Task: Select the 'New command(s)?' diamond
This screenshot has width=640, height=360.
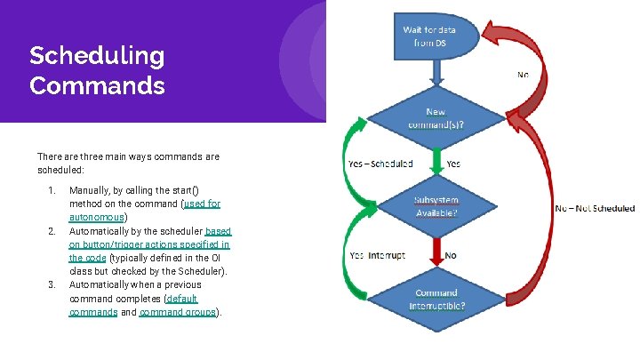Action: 436,119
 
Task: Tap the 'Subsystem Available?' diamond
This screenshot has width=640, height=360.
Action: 436,207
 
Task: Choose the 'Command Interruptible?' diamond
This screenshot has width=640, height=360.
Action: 436,299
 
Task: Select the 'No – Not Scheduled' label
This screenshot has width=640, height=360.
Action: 595,208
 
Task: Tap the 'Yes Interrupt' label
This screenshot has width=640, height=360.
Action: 377,255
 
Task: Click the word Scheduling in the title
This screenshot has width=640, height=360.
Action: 97,56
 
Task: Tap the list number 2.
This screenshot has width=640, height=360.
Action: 52,231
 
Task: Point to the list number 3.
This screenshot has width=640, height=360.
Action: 52,284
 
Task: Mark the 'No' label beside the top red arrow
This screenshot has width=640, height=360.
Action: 523,75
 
